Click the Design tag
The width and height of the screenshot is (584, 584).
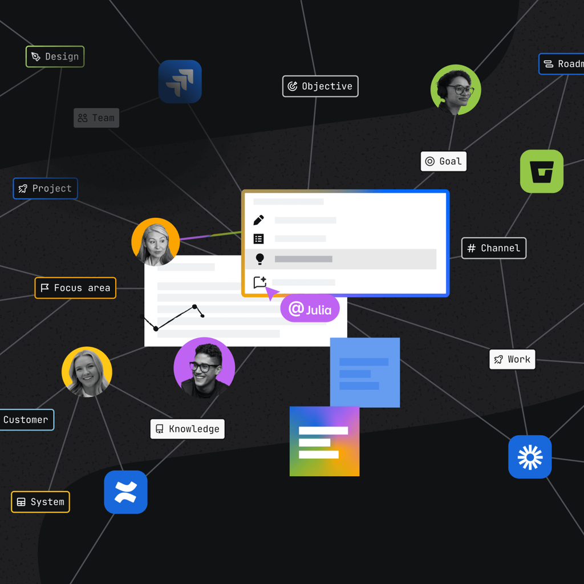tap(55, 56)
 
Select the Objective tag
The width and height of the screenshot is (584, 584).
tap(320, 86)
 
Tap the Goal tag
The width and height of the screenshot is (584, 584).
tap(444, 161)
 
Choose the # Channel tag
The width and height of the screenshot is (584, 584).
tap(493, 248)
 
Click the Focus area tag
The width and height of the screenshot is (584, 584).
tap(75, 288)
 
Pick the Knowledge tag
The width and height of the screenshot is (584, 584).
tap(187, 429)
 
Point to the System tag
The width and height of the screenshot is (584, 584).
tap(40, 502)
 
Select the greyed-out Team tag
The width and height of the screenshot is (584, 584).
tap(96, 118)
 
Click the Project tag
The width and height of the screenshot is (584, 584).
tap(45, 188)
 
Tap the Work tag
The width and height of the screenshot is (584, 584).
tap(512, 359)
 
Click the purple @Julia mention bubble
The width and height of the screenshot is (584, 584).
tap(310, 310)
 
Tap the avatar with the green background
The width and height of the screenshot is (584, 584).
tap(456, 90)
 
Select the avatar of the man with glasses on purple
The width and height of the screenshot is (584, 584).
tap(204, 368)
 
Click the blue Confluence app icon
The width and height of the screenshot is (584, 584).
tap(125, 492)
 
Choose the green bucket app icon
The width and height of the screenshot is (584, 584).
tap(541, 171)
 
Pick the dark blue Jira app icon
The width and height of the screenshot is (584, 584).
tap(180, 82)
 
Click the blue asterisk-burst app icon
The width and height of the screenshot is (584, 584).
tap(530, 457)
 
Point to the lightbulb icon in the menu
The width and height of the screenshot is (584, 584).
tap(259, 259)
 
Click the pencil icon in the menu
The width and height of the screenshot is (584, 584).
tap(258, 220)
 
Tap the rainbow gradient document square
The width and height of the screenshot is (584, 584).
tap(324, 441)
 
